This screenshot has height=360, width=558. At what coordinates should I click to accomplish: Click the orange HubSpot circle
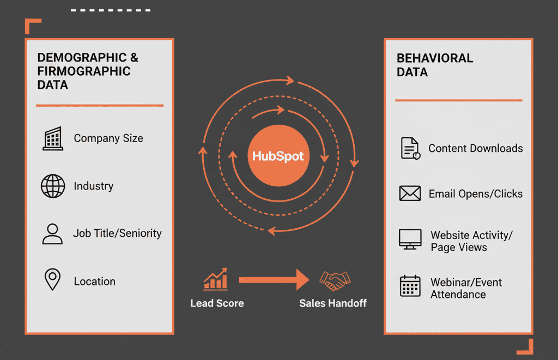tap(278, 156)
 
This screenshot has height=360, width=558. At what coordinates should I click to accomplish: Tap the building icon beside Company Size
tap(53, 138)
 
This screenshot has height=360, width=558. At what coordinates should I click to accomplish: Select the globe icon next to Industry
tap(53, 186)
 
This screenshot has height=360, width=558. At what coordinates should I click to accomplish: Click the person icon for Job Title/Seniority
tap(52, 233)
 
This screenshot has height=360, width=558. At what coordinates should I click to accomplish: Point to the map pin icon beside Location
tap(52, 280)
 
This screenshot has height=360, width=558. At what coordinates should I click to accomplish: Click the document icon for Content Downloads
tap(410, 148)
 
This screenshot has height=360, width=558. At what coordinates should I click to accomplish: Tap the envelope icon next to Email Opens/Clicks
tap(410, 193)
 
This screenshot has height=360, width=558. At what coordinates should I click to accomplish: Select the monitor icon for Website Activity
tap(410, 240)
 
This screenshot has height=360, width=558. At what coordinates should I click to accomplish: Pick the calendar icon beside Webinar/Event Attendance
tap(410, 286)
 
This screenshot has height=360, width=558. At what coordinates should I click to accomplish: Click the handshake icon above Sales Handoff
tap(334, 280)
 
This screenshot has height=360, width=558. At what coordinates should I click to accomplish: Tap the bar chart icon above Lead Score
tap(216, 279)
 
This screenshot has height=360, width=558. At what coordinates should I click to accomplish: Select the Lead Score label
tap(217, 303)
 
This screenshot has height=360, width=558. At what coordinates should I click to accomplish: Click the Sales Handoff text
tap(333, 303)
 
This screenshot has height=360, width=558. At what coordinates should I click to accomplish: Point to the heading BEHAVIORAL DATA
tap(434, 65)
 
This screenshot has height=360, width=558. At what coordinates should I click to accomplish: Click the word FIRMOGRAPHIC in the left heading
tap(84, 71)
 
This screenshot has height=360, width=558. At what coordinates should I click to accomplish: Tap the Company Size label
tap(108, 138)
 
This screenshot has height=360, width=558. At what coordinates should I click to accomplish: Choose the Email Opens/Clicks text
tap(475, 194)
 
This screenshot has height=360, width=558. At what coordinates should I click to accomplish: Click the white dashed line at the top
tap(111, 10)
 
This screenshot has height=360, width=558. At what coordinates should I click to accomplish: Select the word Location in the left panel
tap(95, 282)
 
